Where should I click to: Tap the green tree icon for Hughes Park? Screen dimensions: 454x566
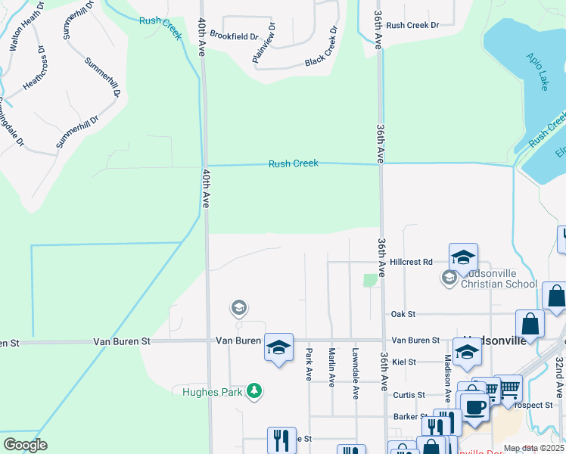(256, 391)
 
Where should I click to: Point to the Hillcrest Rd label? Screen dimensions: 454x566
(416, 262)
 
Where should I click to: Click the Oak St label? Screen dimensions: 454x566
(403, 313)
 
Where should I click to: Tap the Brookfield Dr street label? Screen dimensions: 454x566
(234, 36)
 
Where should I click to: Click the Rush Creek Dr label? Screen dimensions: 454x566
(412, 25)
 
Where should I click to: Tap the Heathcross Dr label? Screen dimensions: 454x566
(35, 70)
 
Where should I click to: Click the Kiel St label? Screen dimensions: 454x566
(405, 362)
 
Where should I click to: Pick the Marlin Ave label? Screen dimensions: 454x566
(331, 366)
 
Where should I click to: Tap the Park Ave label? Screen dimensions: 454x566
(309, 365)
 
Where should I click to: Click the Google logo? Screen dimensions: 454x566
(25, 444)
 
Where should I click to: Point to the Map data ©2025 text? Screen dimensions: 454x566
(533, 448)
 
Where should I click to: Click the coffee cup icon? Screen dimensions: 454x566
(476, 407)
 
